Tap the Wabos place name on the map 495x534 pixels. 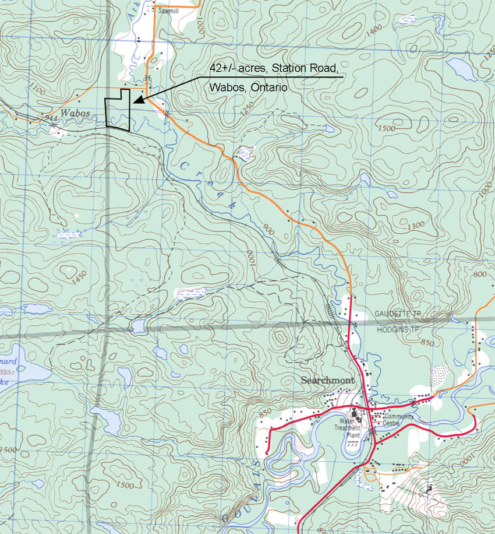[76, 113]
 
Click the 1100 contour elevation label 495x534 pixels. [36, 90]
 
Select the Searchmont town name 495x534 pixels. [327, 381]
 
